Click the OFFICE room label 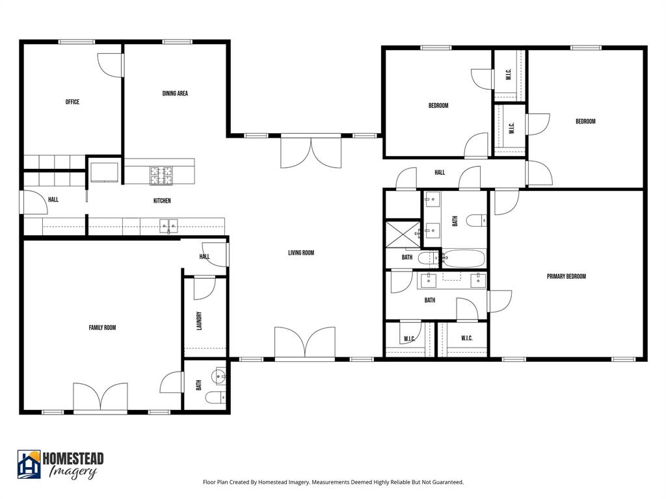point(72,102)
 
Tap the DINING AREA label point(175,94)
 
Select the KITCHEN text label point(162,201)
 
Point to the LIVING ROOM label point(301,253)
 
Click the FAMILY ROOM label point(102,328)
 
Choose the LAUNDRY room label point(200,321)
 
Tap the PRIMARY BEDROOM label point(566,276)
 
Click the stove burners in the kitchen point(161,174)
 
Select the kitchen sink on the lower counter point(168,225)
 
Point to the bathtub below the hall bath point(463,259)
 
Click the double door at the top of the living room point(311,151)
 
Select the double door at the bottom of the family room point(100,397)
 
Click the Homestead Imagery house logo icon point(29,465)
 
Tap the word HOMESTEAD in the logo point(73,459)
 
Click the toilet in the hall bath point(476,221)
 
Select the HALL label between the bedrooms point(440,173)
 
